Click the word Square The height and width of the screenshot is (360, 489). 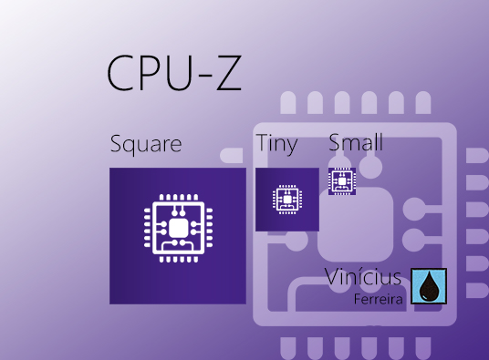pos(146,144)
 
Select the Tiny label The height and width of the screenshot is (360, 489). pos(276,143)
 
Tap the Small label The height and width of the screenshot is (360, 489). pos(356,142)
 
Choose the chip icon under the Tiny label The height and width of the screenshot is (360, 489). pos(286,199)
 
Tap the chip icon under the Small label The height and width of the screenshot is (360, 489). pos(342,181)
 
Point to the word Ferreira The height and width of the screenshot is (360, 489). pos(380,298)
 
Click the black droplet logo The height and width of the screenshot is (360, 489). pos(429,286)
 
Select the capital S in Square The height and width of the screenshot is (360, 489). pos(116,144)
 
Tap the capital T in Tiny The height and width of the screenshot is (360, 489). pos(263,143)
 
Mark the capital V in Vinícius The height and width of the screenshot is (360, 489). pos(333,278)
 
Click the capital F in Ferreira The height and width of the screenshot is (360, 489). pos(359,298)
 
